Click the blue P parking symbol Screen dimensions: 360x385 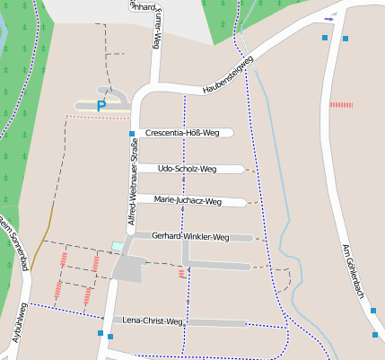coord(101,106)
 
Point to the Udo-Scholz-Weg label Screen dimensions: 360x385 coord(187,168)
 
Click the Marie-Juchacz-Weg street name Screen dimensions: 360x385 coord(188,200)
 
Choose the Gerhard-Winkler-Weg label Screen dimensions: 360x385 coord(191,237)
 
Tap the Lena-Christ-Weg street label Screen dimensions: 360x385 coord(153,320)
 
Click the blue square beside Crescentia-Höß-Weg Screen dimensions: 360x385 coord(132,134)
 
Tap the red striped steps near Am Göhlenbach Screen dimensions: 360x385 coord(341,105)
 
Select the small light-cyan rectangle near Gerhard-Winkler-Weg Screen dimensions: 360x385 coord(117,246)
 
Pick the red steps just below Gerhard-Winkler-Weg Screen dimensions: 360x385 coord(182,273)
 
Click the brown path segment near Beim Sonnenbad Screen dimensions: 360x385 coord(48,219)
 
